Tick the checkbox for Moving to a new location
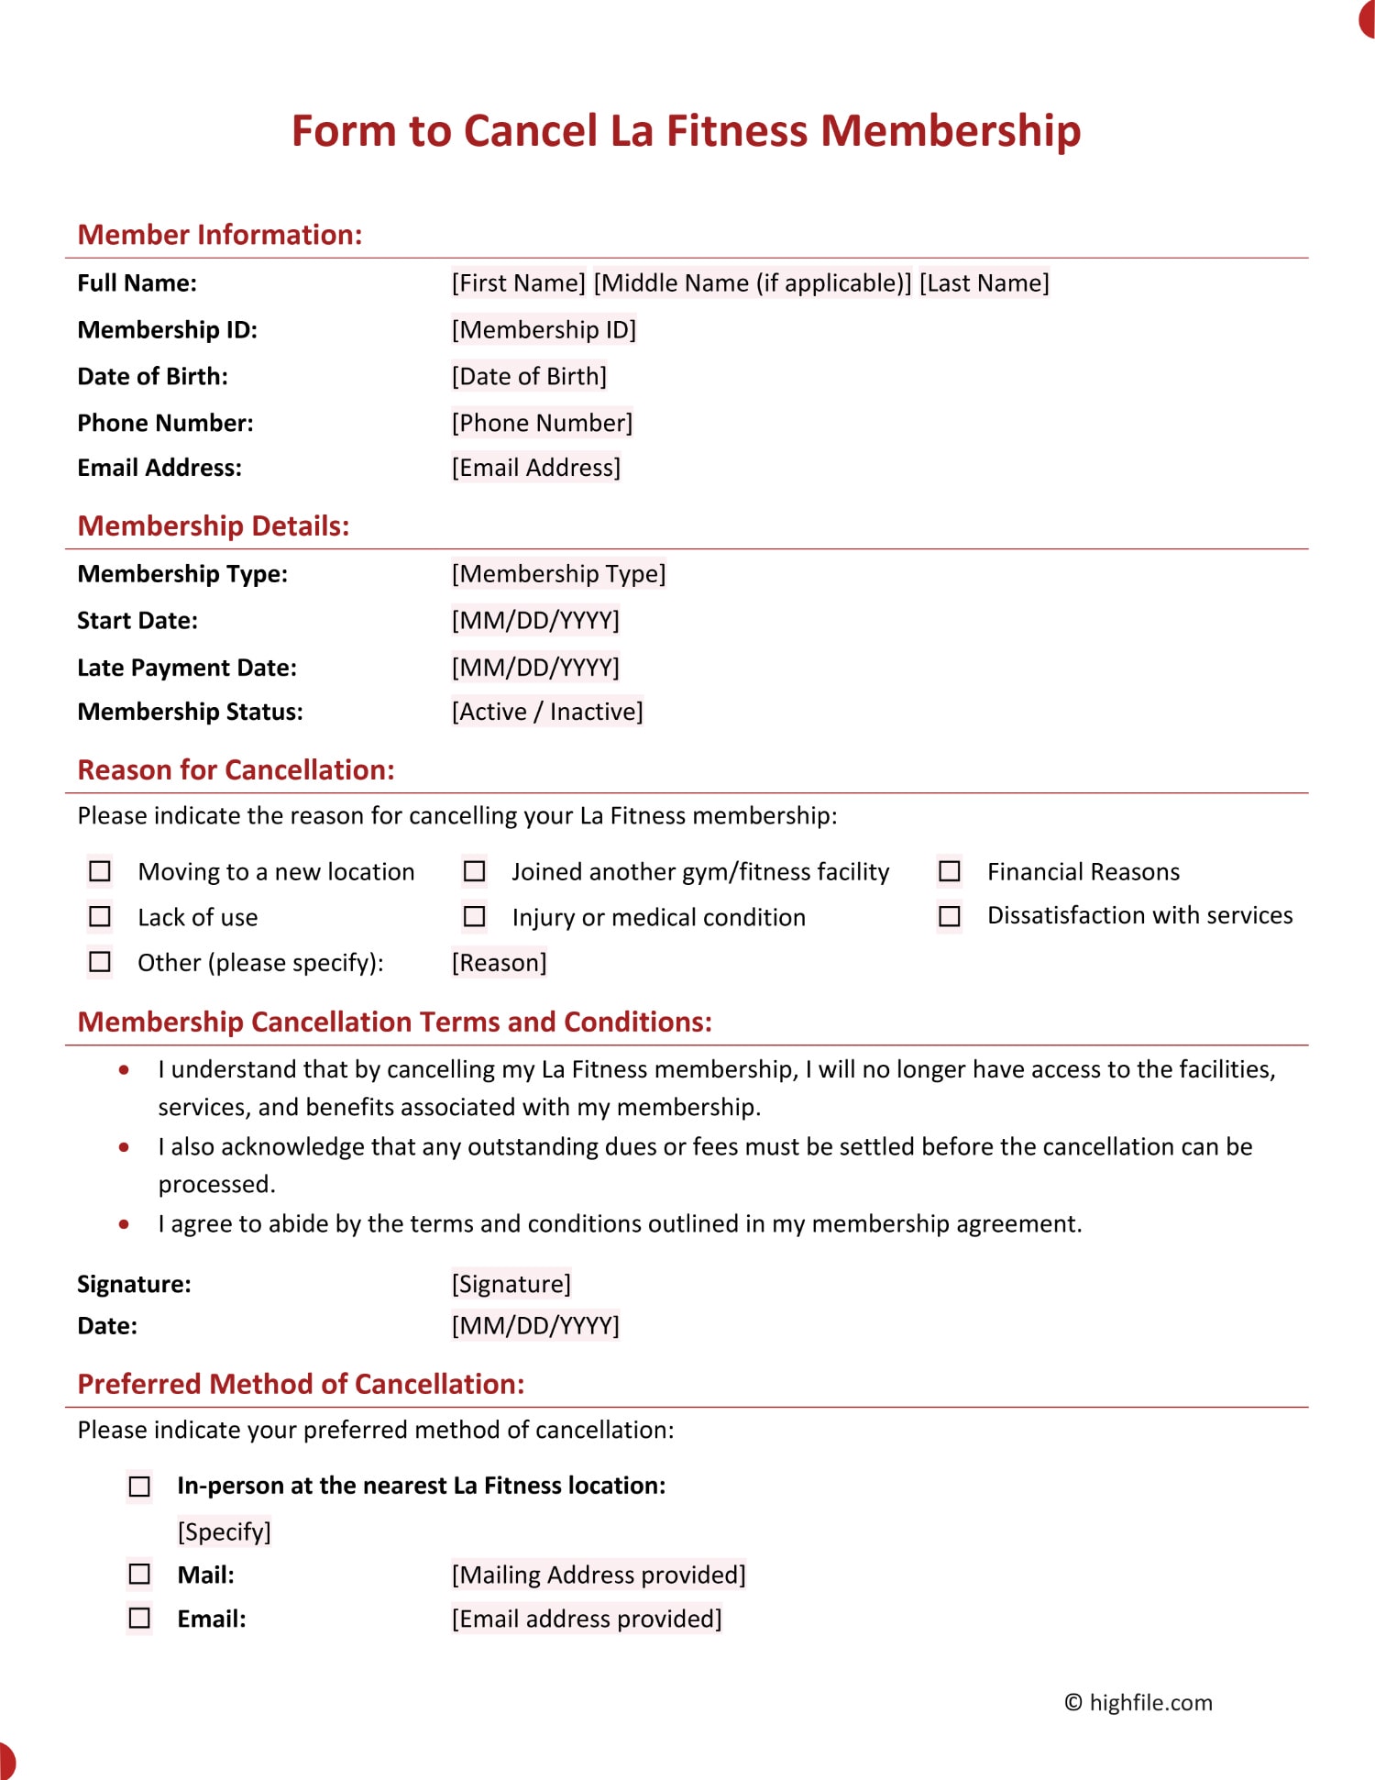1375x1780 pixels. click(x=100, y=870)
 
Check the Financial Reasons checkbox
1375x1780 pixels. click(x=950, y=870)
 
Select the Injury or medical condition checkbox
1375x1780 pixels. click(x=474, y=916)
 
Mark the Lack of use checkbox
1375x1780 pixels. click(x=100, y=916)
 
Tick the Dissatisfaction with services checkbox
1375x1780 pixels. click(x=950, y=915)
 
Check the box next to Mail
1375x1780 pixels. click(x=139, y=1574)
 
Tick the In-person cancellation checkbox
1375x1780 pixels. click(x=139, y=1486)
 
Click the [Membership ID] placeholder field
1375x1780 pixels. click(x=544, y=329)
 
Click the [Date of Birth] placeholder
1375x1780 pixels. click(x=529, y=376)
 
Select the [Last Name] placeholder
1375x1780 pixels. click(x=984, y=282)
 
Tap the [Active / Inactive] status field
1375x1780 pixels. click(x=547, y=712)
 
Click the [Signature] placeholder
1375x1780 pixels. click(x=511, y=1284)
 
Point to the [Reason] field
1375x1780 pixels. click(x=499, y=963)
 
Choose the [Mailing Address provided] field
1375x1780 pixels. click(x=599, y=1575)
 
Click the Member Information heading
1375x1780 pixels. click(x=220, y=235)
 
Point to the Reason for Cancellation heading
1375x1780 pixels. click(x=236, y=770)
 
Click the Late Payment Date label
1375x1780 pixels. click(x=187, y=668)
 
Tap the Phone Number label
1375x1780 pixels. click(x=165, y=423)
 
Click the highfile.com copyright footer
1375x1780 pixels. click(x=1138, y=1703)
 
